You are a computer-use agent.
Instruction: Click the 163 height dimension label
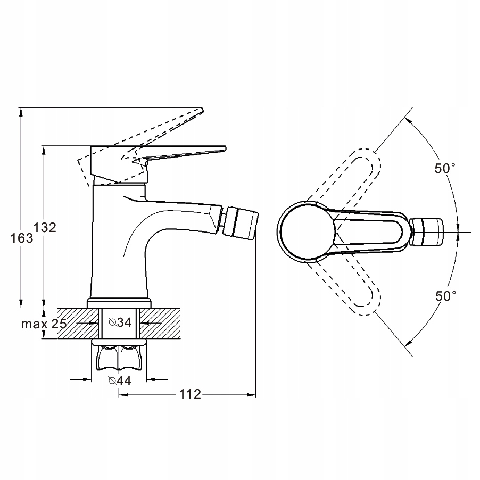(21, 238)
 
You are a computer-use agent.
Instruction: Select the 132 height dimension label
(45, 227)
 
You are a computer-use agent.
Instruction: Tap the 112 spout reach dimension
(190, 394)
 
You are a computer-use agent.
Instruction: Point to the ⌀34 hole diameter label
(120, 322)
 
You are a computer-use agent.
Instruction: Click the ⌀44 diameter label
(120, 381)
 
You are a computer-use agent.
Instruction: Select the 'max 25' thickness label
(44, 324)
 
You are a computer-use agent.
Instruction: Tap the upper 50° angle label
(445, 168)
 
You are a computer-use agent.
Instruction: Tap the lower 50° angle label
(446, 296)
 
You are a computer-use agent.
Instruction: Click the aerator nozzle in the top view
(427, 231)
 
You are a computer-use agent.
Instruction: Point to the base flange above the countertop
(119, 303)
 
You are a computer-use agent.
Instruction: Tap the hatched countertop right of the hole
(160, 323)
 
